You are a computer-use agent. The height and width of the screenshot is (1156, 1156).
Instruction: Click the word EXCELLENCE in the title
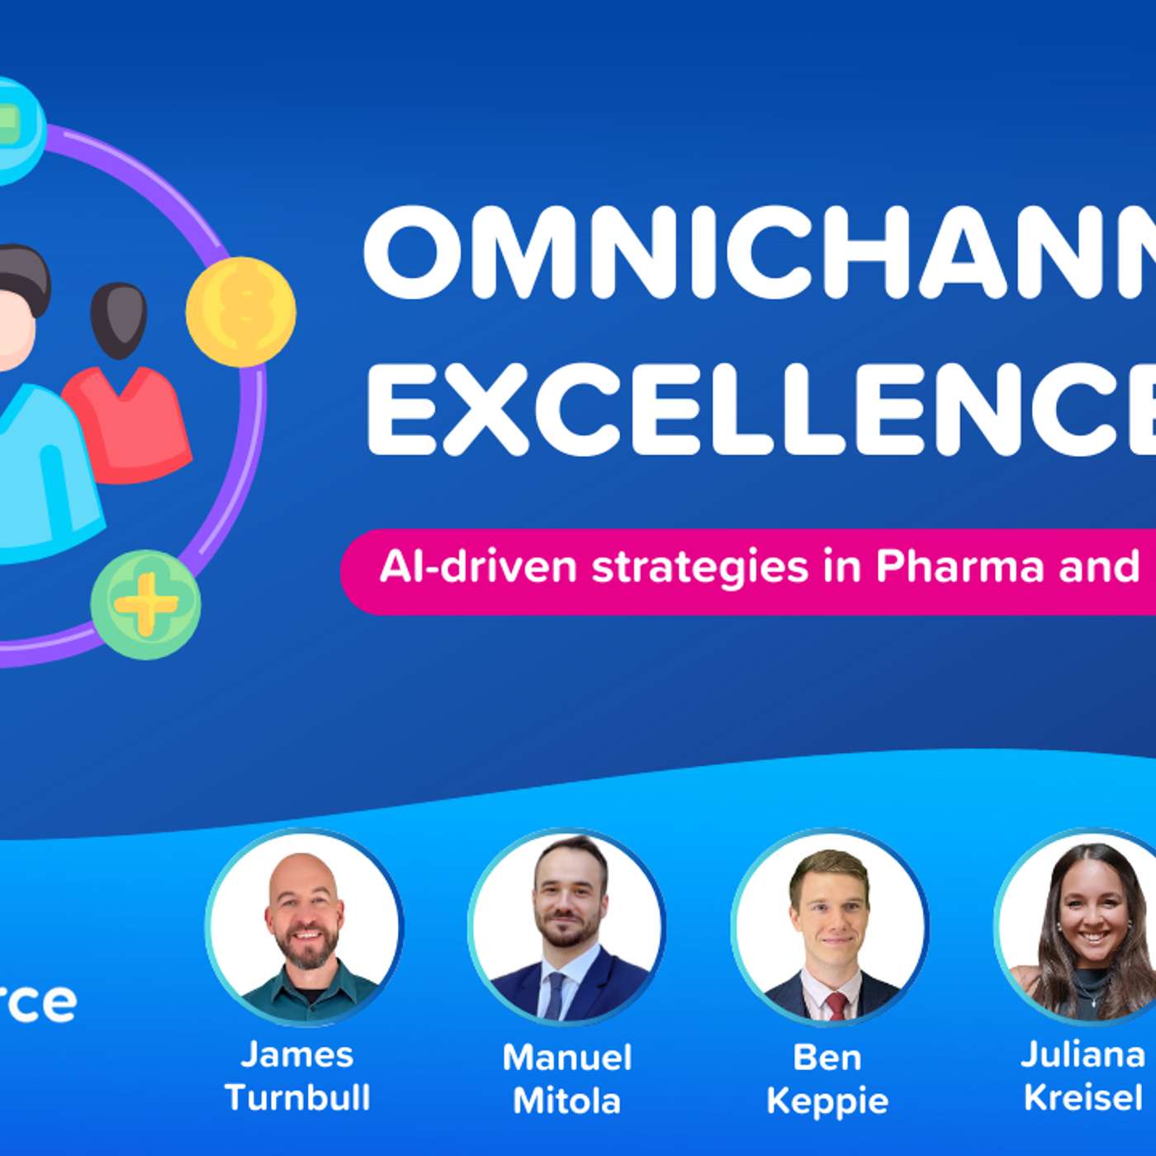760,410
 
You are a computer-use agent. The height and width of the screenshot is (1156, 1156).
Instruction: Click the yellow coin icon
240,311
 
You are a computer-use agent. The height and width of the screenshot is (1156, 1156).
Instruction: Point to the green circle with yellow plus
145,604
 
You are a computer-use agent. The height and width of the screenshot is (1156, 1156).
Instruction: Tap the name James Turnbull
297,1076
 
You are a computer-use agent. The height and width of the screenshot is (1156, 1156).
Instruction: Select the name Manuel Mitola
567,1078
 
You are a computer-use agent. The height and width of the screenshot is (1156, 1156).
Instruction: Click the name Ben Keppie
827,1078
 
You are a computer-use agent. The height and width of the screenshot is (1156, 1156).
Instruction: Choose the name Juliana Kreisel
1083,1076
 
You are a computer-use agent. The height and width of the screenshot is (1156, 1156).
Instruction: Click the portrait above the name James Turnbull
305,926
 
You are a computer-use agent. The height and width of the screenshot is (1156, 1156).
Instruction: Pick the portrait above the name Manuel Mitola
566,926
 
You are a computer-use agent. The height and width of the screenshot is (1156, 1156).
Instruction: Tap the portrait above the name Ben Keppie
830,926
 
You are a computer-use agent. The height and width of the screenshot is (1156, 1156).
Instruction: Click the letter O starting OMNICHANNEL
414,253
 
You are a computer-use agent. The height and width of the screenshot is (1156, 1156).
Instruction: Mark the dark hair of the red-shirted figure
119,318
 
